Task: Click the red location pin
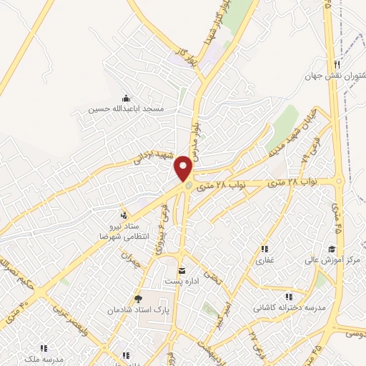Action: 184,168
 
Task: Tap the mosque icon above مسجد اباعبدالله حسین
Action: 127,98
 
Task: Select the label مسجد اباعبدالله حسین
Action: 127,109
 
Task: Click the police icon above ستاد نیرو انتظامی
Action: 124,214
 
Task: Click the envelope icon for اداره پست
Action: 182,270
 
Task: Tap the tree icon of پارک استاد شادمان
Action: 138,300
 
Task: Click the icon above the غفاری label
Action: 264,249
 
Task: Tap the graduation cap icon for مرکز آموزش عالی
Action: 332,249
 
